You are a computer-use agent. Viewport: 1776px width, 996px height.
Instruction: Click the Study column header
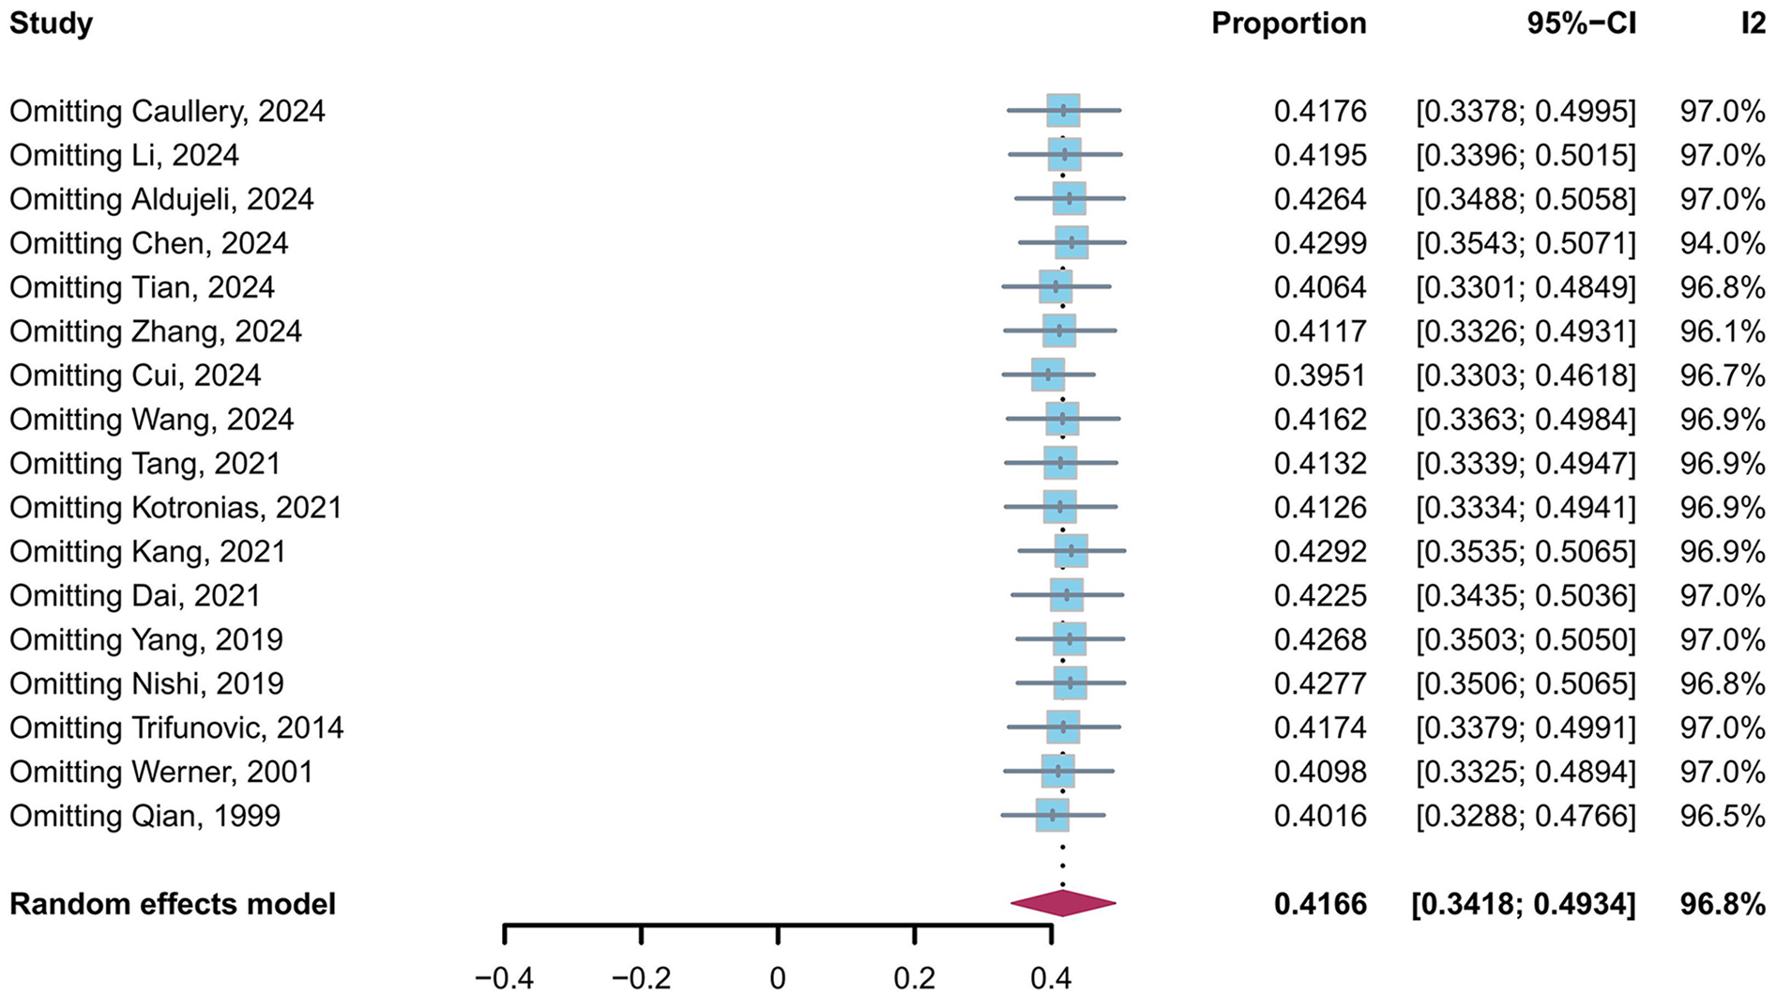coord(51,23)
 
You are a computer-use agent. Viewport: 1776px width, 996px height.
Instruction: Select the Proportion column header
coord(1288,23)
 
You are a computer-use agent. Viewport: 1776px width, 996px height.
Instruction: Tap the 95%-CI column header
coord(1581,23)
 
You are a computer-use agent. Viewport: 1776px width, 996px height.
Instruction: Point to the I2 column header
coord(1752,23)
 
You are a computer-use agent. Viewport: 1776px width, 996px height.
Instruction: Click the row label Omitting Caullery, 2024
coord(167,111)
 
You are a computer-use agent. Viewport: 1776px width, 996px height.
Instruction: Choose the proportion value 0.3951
coord(1319,375)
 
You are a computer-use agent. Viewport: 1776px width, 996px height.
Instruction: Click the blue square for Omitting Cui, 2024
coord(1048,375)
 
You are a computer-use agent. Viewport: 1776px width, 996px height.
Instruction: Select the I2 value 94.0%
coord(1722,243)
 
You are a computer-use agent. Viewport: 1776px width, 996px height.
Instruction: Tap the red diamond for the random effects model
coord(1063,903)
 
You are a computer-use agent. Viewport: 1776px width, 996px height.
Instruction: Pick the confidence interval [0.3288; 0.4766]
coord(1526,816)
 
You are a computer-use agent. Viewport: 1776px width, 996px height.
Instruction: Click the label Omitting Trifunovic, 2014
coord(176,728)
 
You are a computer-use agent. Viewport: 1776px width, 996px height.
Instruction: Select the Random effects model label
coord(173,904)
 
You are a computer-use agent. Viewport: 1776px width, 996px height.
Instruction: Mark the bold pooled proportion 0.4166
coord(1319,904)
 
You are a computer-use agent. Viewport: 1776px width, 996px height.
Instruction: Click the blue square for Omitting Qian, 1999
coord(1053,815)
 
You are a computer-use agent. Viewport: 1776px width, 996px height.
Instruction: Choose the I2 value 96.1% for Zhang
coord(1722,331)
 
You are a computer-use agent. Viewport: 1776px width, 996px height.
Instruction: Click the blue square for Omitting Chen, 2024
coord(1071,242)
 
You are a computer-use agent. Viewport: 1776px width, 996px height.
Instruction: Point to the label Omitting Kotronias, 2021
coord(175,508)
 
